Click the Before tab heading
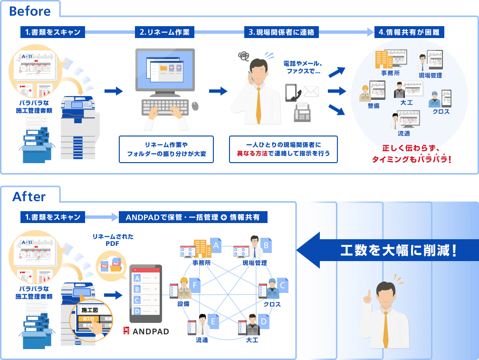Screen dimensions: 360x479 point(29,11)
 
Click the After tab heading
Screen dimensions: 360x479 point(29,196)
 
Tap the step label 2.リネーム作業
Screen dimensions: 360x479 point(164,32)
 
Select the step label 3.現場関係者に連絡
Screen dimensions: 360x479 point(281,32)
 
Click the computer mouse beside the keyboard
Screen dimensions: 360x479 point(196,106)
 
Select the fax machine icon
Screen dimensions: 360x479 point(302,112)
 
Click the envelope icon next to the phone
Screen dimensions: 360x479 point(311,91)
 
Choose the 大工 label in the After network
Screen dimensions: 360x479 point(252,340)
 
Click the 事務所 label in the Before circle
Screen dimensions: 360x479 point(390,73)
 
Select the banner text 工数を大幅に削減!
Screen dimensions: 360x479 point(398,251)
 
